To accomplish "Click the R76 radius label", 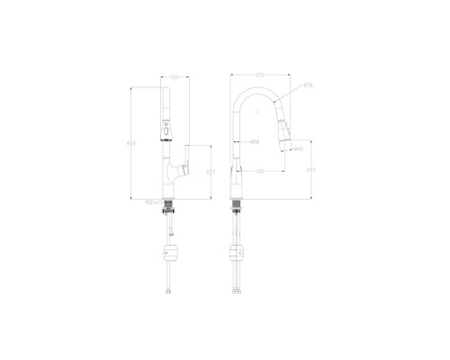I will point(307,85).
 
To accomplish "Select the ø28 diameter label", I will point(255,142).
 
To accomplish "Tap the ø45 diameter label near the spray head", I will point(296,149).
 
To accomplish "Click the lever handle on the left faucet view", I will point(183,168).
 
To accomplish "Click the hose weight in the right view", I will point(238,253).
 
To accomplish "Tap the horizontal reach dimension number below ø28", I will point(260,171).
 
